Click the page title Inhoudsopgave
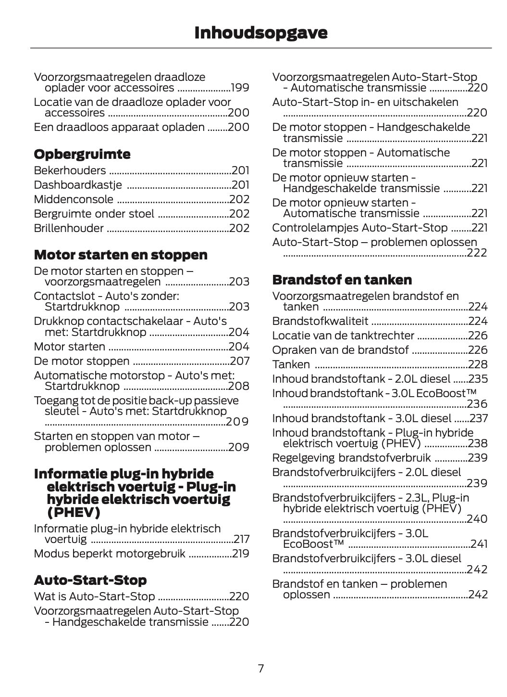260,33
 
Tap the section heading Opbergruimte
82,155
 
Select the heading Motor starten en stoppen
121,255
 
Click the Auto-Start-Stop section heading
90,580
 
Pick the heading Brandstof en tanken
342,280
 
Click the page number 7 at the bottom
260,668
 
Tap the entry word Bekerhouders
70,170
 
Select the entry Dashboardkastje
77,185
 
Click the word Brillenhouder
69,228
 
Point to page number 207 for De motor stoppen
239,361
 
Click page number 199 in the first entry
240,88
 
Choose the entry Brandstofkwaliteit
320,321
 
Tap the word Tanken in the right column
291,364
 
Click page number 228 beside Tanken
478,364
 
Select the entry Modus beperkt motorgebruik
110,554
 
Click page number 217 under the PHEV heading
241,539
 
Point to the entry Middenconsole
74,199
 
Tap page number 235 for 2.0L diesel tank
478,379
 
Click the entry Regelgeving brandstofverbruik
351,458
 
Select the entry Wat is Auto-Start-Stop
94,596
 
